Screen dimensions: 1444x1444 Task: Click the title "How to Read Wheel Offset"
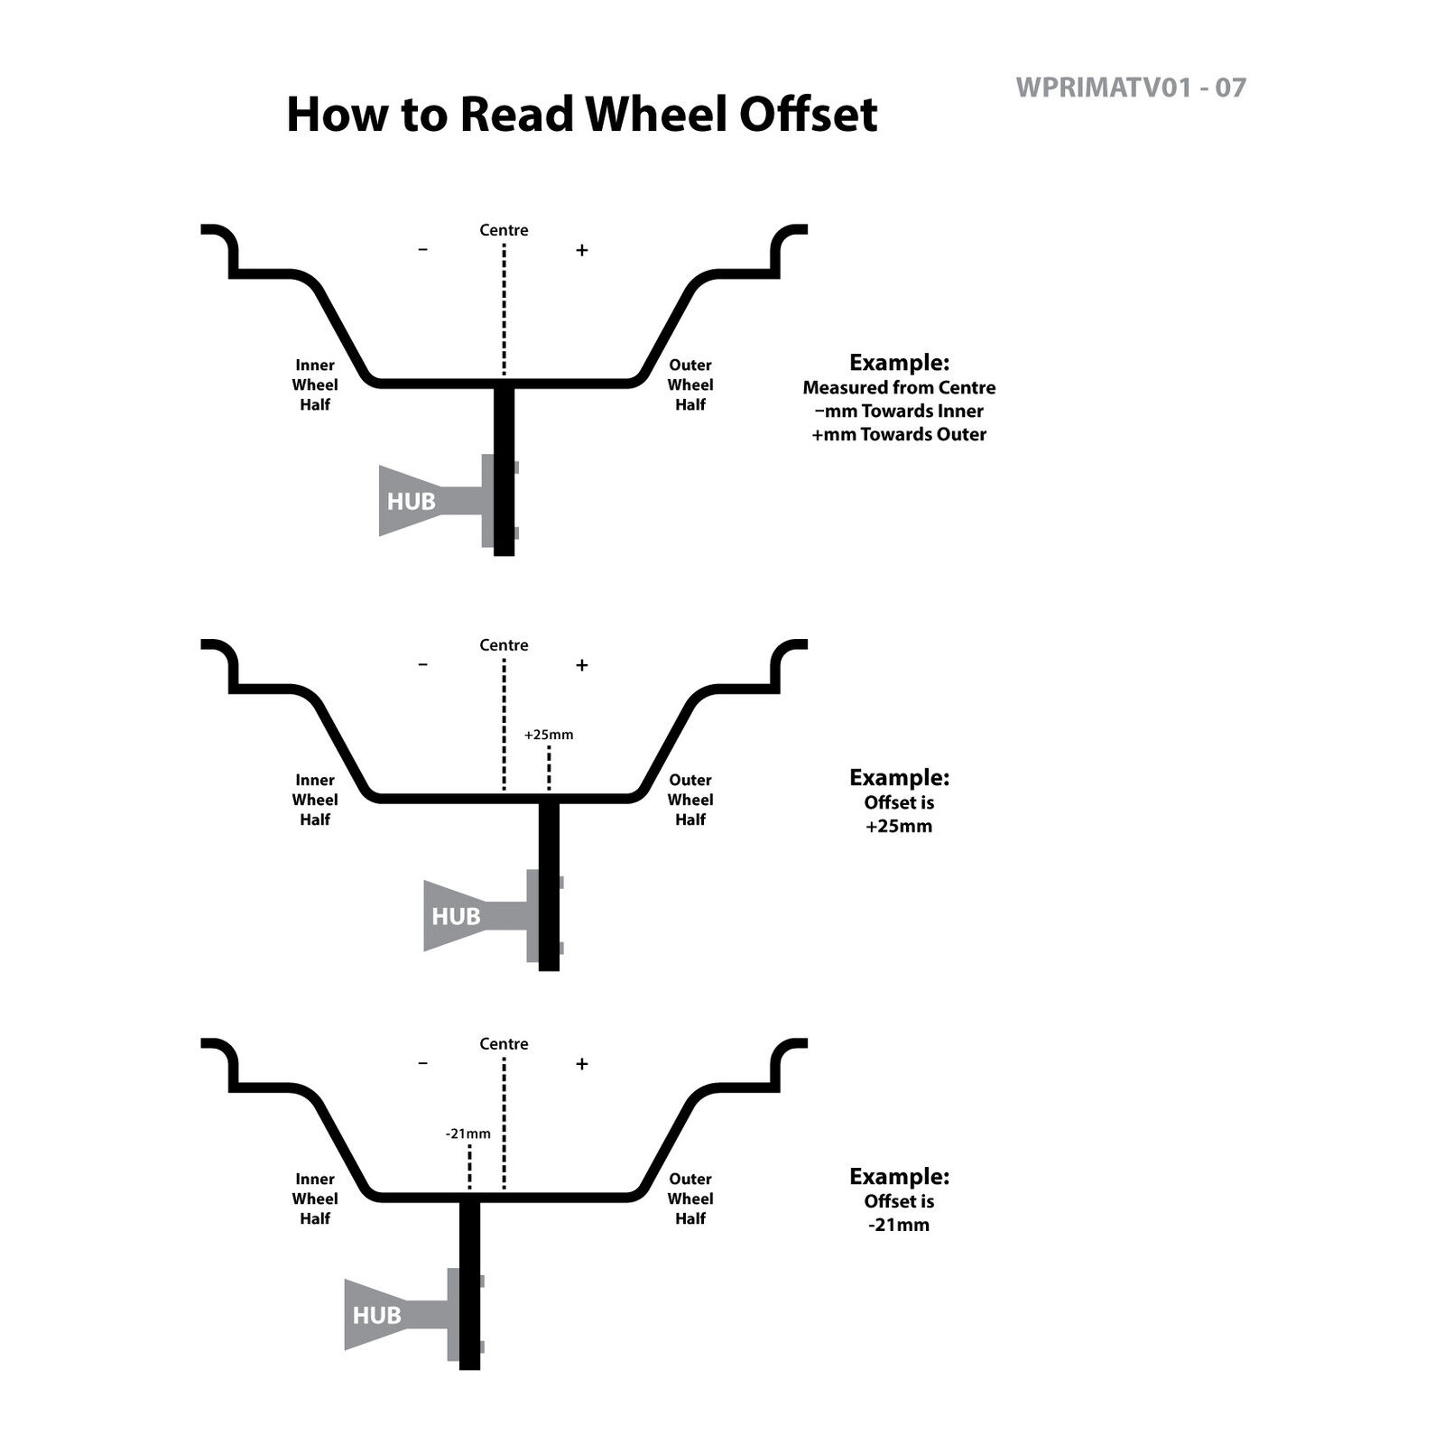click(581, 115)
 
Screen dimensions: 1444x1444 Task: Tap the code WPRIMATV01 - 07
click(1130, 88)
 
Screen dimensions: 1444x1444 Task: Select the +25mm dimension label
click(549, 735)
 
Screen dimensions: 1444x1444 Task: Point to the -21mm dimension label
click(468, 1134)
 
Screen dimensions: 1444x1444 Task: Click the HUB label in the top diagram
click(412, 501)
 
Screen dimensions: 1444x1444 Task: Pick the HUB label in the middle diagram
click(456, 916)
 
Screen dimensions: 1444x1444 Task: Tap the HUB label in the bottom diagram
click(376, 1315)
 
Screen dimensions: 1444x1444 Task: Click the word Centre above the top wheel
click(504, 230)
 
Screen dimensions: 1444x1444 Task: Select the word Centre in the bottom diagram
click(504, 1044)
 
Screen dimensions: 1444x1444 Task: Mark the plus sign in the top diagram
click(582, 250)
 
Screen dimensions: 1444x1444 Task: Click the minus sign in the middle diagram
click(423, 665)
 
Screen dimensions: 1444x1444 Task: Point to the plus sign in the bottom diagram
click(582, 1064)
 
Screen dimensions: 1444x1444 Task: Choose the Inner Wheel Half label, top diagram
click(315, 384)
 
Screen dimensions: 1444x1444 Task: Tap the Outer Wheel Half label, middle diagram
click(690, 800)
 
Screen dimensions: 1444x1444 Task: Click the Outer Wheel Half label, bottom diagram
click(690, 1199)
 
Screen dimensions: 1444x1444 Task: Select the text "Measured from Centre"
click(899, 388)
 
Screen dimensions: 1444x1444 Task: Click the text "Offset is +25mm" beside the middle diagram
click(899, 814)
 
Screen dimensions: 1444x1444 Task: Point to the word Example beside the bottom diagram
click(899, 1177)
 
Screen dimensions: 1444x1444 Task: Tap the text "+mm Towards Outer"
click(899, 434)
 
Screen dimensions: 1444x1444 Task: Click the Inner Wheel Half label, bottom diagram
click(315, 1199)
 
